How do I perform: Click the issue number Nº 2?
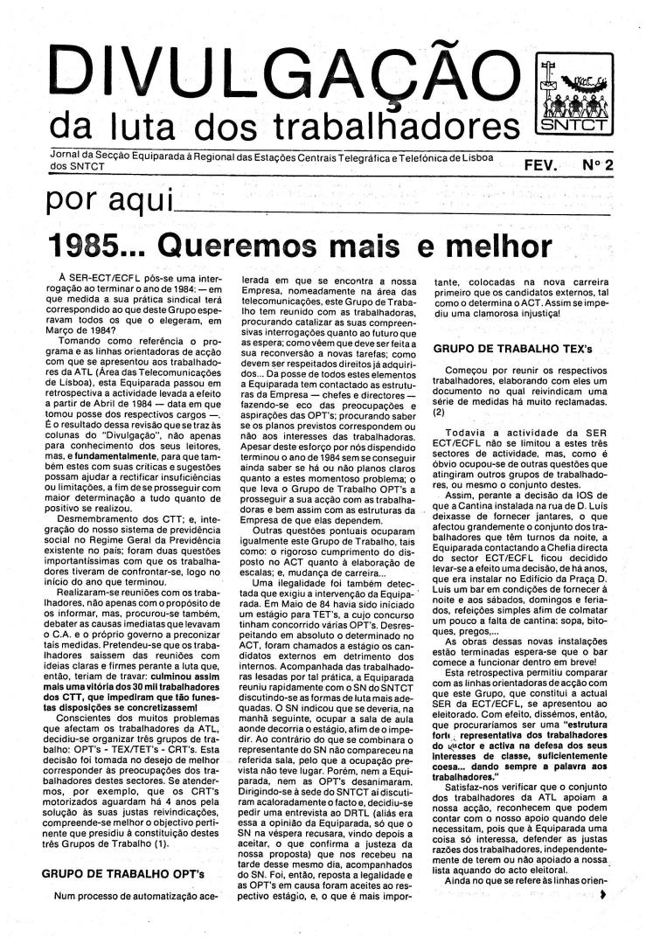tap(596, 164)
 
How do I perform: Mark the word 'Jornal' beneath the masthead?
tap(66, 154)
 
